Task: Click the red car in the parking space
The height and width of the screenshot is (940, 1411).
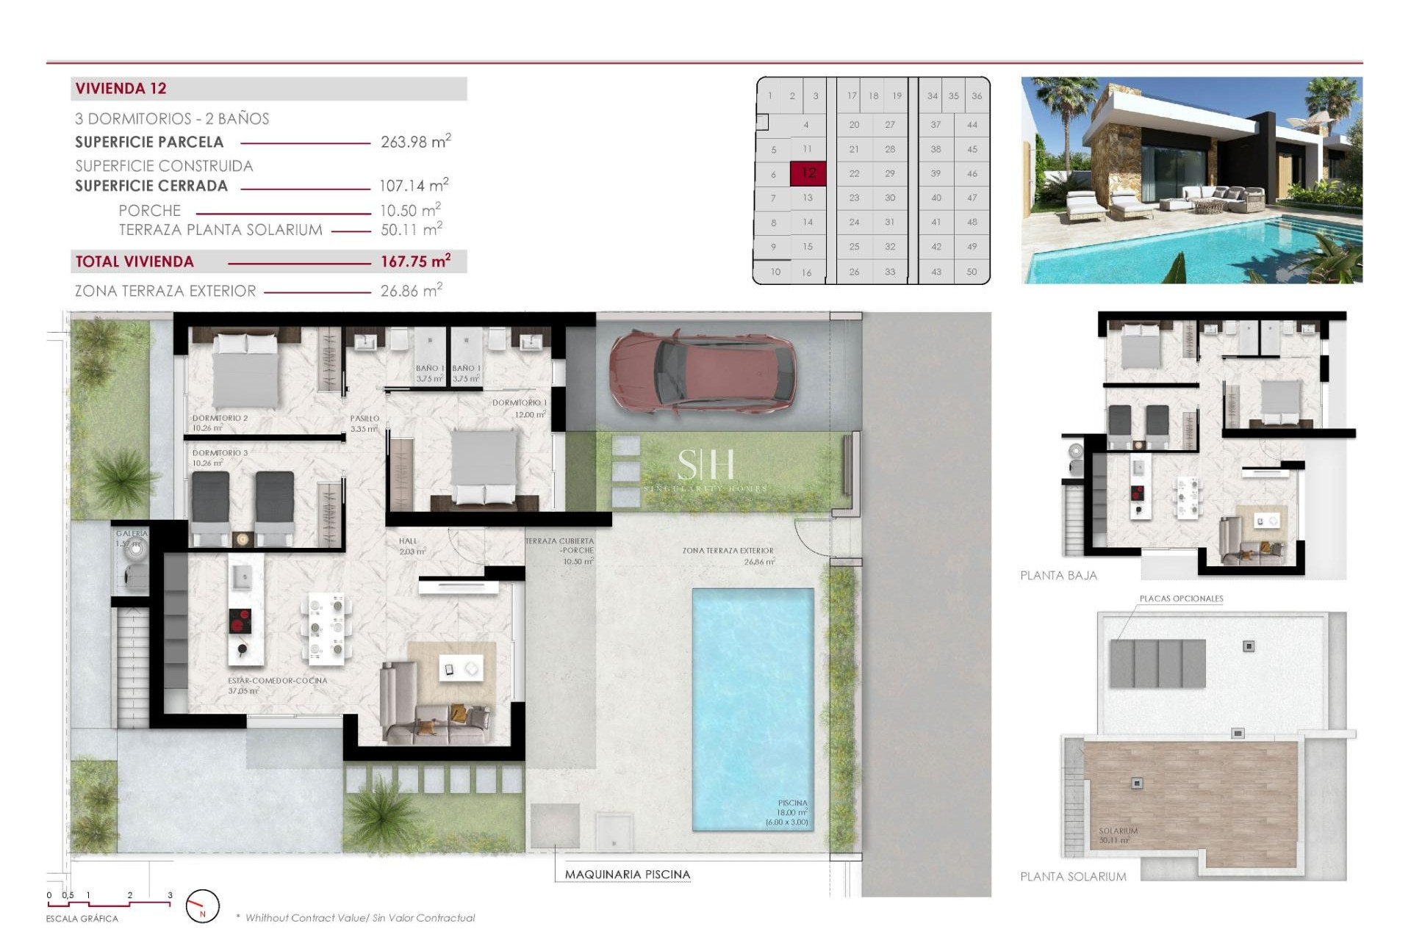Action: click(x=702, y=372)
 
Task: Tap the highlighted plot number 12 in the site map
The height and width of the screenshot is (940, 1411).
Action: click(x=808, y=173)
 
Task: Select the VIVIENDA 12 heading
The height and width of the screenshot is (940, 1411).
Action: click(x=121, y=89)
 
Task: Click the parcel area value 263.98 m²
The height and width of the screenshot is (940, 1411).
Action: click(x=415, y=142)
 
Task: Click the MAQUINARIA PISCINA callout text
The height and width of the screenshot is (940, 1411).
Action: click(x=627, y=875)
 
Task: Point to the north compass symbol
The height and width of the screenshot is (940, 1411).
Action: click(x=202, y=906)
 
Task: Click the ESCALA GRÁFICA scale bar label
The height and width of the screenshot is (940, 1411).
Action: click(x=82, y=919)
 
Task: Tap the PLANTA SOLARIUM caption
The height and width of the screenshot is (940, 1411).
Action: click(x=1073, y=877)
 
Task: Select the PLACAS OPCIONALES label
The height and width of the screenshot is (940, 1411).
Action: click(x=1181, y=599)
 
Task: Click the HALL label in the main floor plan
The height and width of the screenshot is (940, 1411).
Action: click(x=408, y=541)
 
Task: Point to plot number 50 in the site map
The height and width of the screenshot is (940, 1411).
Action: click(x=972, y=272)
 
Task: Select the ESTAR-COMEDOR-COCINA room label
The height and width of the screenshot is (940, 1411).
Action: click(x=277, y=681)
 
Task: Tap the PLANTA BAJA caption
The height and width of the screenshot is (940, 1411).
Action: click(x=1058, y=576)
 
